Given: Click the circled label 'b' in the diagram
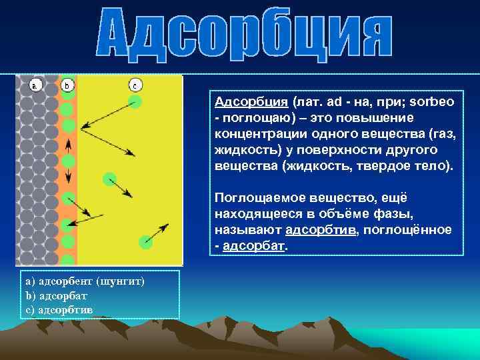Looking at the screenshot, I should [67, 85].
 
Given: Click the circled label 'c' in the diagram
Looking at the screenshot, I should [135, 85].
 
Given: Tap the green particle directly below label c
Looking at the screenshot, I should [135, 101].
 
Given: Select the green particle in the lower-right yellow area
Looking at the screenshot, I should [146, 241].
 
